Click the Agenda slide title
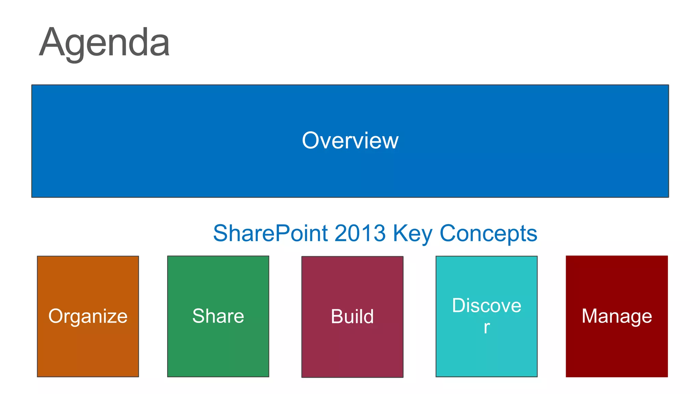(104, 43)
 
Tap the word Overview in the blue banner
(350, 141)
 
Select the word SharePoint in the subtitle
(270, 233)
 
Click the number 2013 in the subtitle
(360, 233)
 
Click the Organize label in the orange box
(88, 316)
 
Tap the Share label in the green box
(218, 316)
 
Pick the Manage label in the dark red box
(617, 316)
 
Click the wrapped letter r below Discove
(487, 328)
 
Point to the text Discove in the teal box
(486, 305)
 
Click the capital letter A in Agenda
(52, 43)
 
